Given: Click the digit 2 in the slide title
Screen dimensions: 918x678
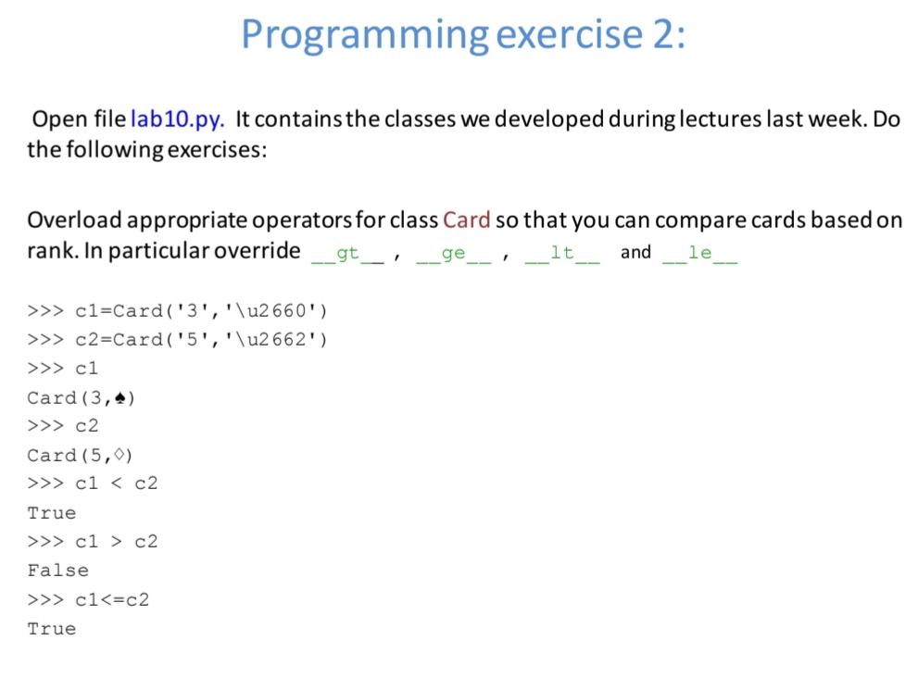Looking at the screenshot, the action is [663, 34].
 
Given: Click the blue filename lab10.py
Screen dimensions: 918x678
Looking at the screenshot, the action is [177, 119].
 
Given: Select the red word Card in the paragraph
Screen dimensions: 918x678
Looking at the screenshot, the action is [467, 220].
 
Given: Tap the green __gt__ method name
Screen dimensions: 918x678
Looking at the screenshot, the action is [347, 254].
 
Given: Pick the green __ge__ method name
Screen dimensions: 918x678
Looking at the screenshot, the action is [454, 254].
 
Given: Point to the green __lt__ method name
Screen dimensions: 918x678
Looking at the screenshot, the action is [562, 254].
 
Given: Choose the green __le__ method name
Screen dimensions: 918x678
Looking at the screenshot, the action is [700, 254].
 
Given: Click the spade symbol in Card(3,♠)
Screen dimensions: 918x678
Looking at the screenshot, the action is [120, 398].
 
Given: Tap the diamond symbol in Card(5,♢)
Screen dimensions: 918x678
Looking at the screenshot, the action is [119, 455].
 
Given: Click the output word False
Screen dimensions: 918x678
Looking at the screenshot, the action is [58, 571].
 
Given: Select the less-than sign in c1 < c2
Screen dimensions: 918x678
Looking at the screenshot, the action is [117, 483].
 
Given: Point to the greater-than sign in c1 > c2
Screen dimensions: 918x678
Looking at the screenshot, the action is [117, 542].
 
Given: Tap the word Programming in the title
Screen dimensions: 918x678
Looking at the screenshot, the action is [365, 35].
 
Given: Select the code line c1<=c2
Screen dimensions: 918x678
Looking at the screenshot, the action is [112, 600].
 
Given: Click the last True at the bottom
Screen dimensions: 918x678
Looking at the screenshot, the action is [52, 629].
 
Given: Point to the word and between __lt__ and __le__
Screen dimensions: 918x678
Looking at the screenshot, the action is [635, 252].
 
